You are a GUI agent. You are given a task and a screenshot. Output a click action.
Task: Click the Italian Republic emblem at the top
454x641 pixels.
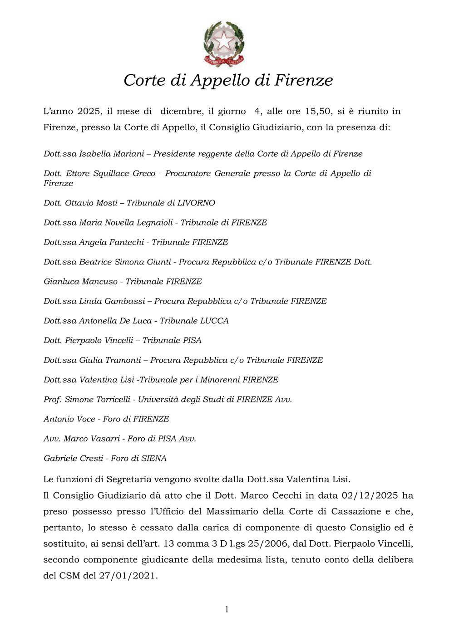224,44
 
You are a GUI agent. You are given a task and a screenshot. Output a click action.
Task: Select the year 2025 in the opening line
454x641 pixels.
89,111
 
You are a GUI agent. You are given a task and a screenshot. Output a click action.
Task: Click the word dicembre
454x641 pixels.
182,111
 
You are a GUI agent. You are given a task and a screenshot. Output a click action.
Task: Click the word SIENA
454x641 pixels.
154,458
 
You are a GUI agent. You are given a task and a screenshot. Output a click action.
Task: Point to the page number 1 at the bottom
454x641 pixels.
227,609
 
